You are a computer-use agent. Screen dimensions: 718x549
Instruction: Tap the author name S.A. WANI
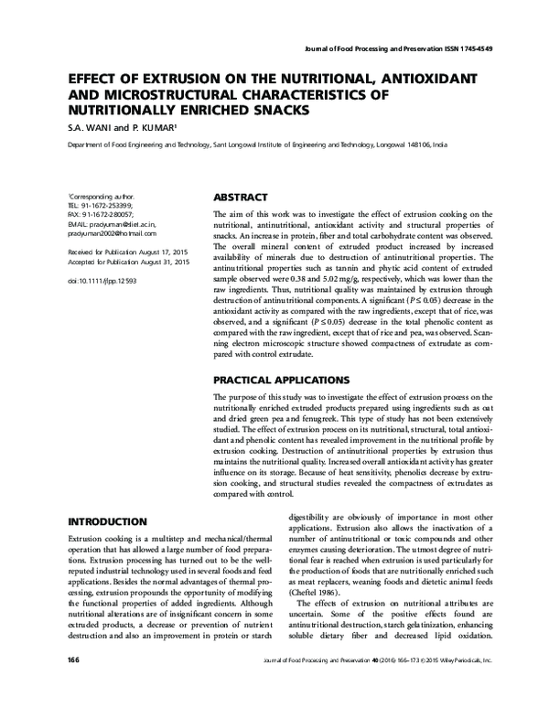click(x=95, y=128)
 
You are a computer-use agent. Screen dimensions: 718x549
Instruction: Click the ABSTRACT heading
click(x=240, y=197)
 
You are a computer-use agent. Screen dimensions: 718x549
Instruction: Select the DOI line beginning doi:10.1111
click(x=102, y=282)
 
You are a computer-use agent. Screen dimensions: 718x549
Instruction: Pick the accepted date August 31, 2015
click(x=166, y=262)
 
